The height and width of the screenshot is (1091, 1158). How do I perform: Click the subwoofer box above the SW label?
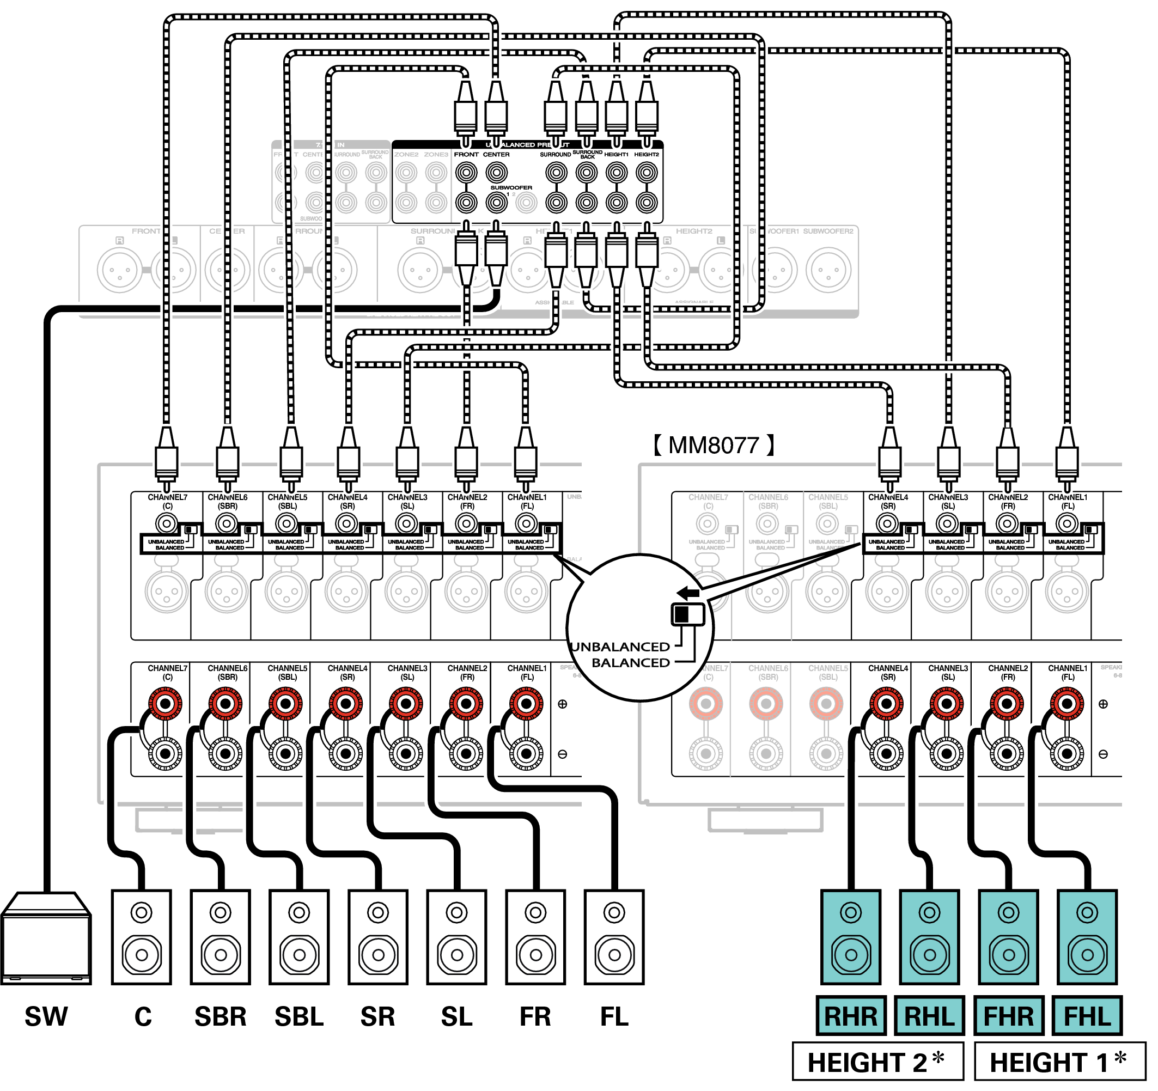pyautogui.click(x=46, y=938)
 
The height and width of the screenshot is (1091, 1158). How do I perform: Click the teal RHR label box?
pyautogui.click(x=850, y=1016)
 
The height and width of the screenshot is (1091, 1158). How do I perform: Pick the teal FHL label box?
pyautogui.click(x=1087, y=1016)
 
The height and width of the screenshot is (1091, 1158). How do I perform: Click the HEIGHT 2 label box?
pyautogui.click(x=877, y=1062)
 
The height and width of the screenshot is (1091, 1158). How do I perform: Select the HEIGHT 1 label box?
pyautogui.click(x=1059, y=1062)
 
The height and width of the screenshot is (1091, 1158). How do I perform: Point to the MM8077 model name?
pyautogui.click(x=714, y=446)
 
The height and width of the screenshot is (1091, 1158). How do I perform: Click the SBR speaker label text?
pyautogui.click(x=220, y=1016)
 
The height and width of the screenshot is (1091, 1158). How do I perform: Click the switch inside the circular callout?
pyautogui.click(x=688, y=614)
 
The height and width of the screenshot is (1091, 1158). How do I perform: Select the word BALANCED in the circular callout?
pyautogui.click(x=630, y=663)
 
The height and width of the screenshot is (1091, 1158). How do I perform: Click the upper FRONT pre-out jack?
pyautogui.click(x=466, y=173)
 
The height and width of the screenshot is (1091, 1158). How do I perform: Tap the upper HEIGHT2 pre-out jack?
pyautogui.click(x=647, y=173)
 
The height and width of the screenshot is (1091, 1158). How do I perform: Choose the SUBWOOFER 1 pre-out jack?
pyautogui.click(x=496, y=203)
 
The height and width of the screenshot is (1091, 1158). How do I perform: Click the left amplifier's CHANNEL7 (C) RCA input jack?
pyautogui.click(x=167, y=523)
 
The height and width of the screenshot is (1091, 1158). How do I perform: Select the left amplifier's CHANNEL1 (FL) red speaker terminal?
pyautogui.click(x=526, y=704)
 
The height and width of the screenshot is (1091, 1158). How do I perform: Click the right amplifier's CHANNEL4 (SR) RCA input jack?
pyautogui.click(x=887, y=523)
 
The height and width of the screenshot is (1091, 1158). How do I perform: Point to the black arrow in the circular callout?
pyautogui.click(x=688, y=593)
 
